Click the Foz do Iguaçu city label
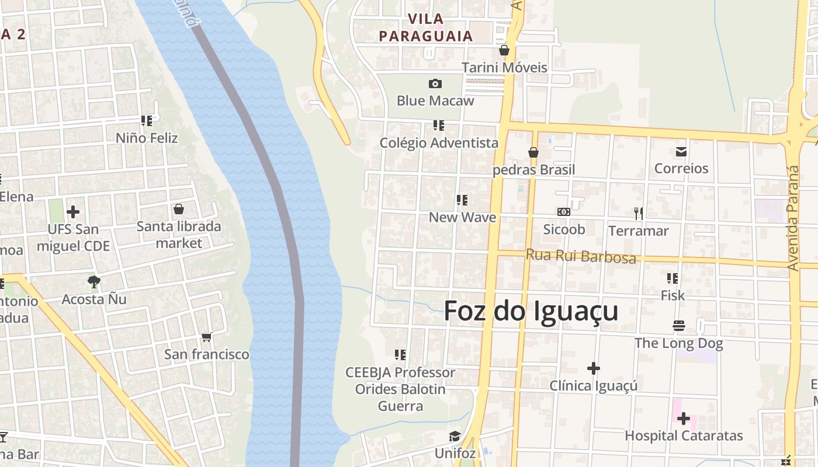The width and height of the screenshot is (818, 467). (531, 311)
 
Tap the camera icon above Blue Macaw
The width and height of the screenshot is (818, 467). (435, 83)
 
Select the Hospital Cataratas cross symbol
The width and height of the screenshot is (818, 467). (683, 418)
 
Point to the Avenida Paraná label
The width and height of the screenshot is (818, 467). (793, 218)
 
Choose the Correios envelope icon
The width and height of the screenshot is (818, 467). (681, 152)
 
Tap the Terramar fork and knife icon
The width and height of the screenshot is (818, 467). (639, 214)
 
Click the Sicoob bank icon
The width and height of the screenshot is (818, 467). (564, 212)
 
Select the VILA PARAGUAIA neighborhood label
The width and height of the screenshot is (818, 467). (425, 27)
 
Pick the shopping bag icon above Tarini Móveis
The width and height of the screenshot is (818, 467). (504, 51)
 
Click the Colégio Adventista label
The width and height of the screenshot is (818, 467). (439, 143)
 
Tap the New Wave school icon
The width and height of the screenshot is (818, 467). (462, 200)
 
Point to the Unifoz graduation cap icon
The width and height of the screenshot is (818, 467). (455, 437)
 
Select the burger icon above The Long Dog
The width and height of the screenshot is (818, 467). (678, 326)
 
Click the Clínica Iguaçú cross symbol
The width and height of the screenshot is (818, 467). (594, 368)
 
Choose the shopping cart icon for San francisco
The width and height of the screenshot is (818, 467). (206, 337)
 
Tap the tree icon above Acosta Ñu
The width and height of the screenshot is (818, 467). (93, 283)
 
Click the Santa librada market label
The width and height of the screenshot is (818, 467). (179, 235)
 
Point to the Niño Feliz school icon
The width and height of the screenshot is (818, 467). (146, 121)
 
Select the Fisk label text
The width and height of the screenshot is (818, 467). (673, 296)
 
